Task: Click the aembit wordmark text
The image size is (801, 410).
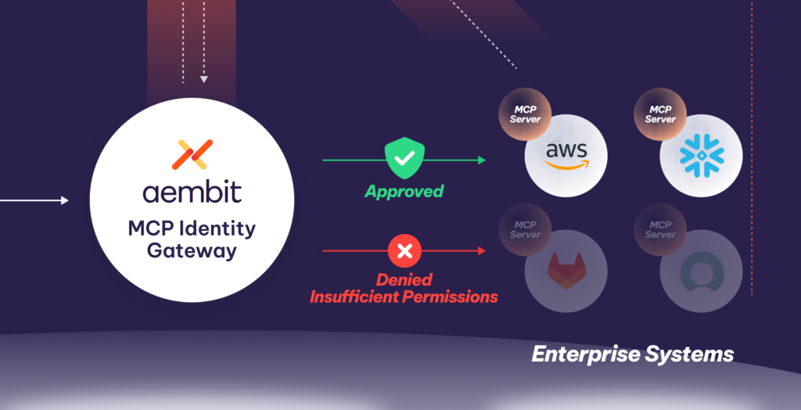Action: pyautogui.click(x=192, y=192)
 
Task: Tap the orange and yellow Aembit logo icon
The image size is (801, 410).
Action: pyautogui.click(x=192, y=155)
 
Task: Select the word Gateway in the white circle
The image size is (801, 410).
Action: pyautogui.click(x=192, y=250)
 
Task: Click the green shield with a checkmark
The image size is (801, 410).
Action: pyautogui.click(x=404, y=159)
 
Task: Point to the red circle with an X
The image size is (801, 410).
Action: pyautogui.click(x=404, y=251)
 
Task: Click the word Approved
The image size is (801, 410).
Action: pyautogui.click(x=404, y=191)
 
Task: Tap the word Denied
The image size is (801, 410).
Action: pyautogui.click(x=404, y=280)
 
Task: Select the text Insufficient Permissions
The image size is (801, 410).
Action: pyautogui.click(x=404, y=297)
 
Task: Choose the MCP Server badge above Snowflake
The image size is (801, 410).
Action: pyautogui.click(x=660, y=114)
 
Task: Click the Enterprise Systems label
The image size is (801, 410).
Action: pyautogui.click(x=632, y=354)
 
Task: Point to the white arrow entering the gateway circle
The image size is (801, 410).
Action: pyautogui.click(x=35, y=201)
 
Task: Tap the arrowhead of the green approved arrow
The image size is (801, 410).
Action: pyautogui.click(x=481, y=160)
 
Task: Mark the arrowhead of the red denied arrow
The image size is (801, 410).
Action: pyautogui.click(x=481, y=251)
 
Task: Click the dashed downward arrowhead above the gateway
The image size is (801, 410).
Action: pyautogui.click(x=203, y=78)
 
